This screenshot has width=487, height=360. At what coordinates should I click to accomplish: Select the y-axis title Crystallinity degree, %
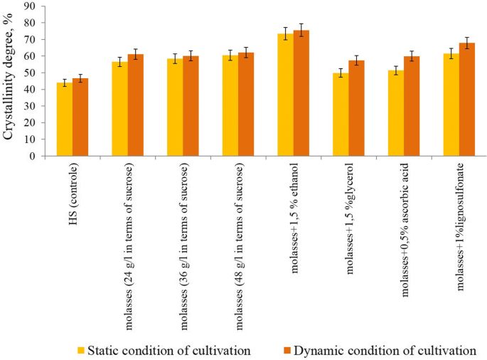(x=10, y=80)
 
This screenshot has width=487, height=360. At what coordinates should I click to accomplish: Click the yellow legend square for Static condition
(x=82, y=350)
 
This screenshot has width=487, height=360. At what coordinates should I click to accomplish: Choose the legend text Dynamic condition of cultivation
(x=385, y=350)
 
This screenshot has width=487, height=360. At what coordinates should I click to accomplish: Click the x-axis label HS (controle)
(x=73, y=186)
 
